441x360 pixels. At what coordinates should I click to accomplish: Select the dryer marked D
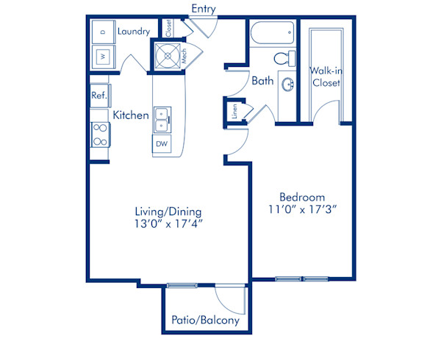pos(102,32)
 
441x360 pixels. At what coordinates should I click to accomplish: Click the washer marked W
pos(102,56)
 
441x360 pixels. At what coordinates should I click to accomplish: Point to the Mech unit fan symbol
pos(166,55)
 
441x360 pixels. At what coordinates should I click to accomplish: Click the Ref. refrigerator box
pos(99,96)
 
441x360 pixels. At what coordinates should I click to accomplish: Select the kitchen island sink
pos(162,115)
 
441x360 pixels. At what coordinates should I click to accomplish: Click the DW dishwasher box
pos(162,144)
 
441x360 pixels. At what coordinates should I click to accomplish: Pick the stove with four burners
pos(100,135)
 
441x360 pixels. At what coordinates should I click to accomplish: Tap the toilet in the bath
pos(283,58)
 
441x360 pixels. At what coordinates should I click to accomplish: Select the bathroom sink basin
pos(286,84)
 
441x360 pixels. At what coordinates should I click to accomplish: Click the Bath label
pos(262,81)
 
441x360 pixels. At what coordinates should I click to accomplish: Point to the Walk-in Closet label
pos(325,76)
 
